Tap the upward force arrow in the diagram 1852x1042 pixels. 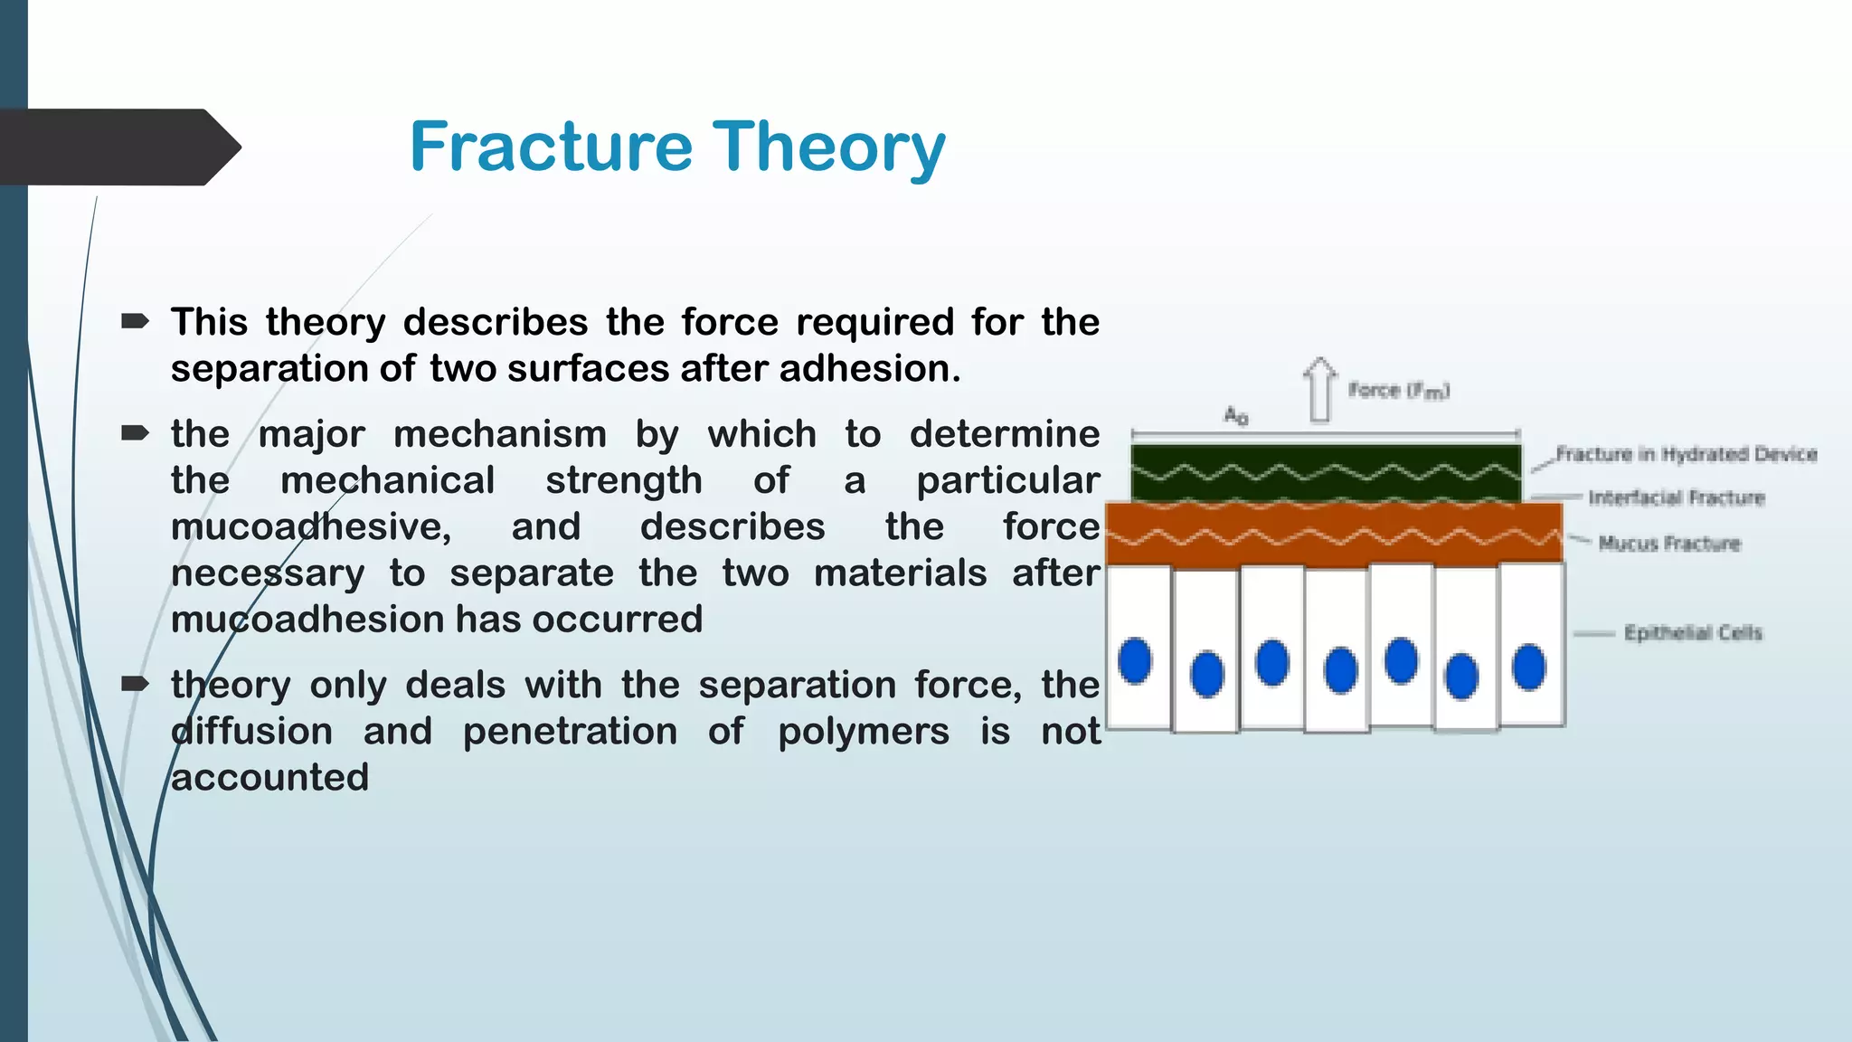point(1320,390)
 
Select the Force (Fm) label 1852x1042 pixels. point(1398,391)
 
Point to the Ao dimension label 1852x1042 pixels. point(1236,416)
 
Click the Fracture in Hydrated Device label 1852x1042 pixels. point(1686,454)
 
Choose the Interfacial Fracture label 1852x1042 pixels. point(1676,497)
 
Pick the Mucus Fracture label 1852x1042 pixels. point(1669,544)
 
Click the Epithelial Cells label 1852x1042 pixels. point(1693,633)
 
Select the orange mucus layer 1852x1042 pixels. point(1334,534)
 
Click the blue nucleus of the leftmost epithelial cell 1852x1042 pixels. point(1135,660)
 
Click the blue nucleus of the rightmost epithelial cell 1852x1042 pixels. point(1529,668)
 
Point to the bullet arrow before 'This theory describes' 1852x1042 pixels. point(135,321)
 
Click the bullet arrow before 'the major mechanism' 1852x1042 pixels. point(135,433)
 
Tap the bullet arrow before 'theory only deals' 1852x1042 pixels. point(135,684)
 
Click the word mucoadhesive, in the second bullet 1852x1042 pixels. point(311,527)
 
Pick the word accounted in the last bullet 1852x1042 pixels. point(269,778)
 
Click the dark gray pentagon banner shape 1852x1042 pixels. point(118,147)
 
